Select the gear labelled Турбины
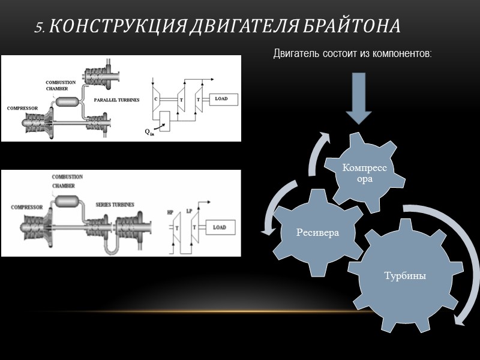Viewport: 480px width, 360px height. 405,277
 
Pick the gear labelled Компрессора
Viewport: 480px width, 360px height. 365,174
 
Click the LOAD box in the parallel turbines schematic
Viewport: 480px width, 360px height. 221,98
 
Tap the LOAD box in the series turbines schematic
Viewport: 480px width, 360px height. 220,227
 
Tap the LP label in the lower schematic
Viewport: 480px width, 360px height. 190,211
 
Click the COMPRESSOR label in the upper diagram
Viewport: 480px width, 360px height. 23,109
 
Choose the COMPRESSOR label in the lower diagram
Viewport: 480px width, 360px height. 26,207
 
